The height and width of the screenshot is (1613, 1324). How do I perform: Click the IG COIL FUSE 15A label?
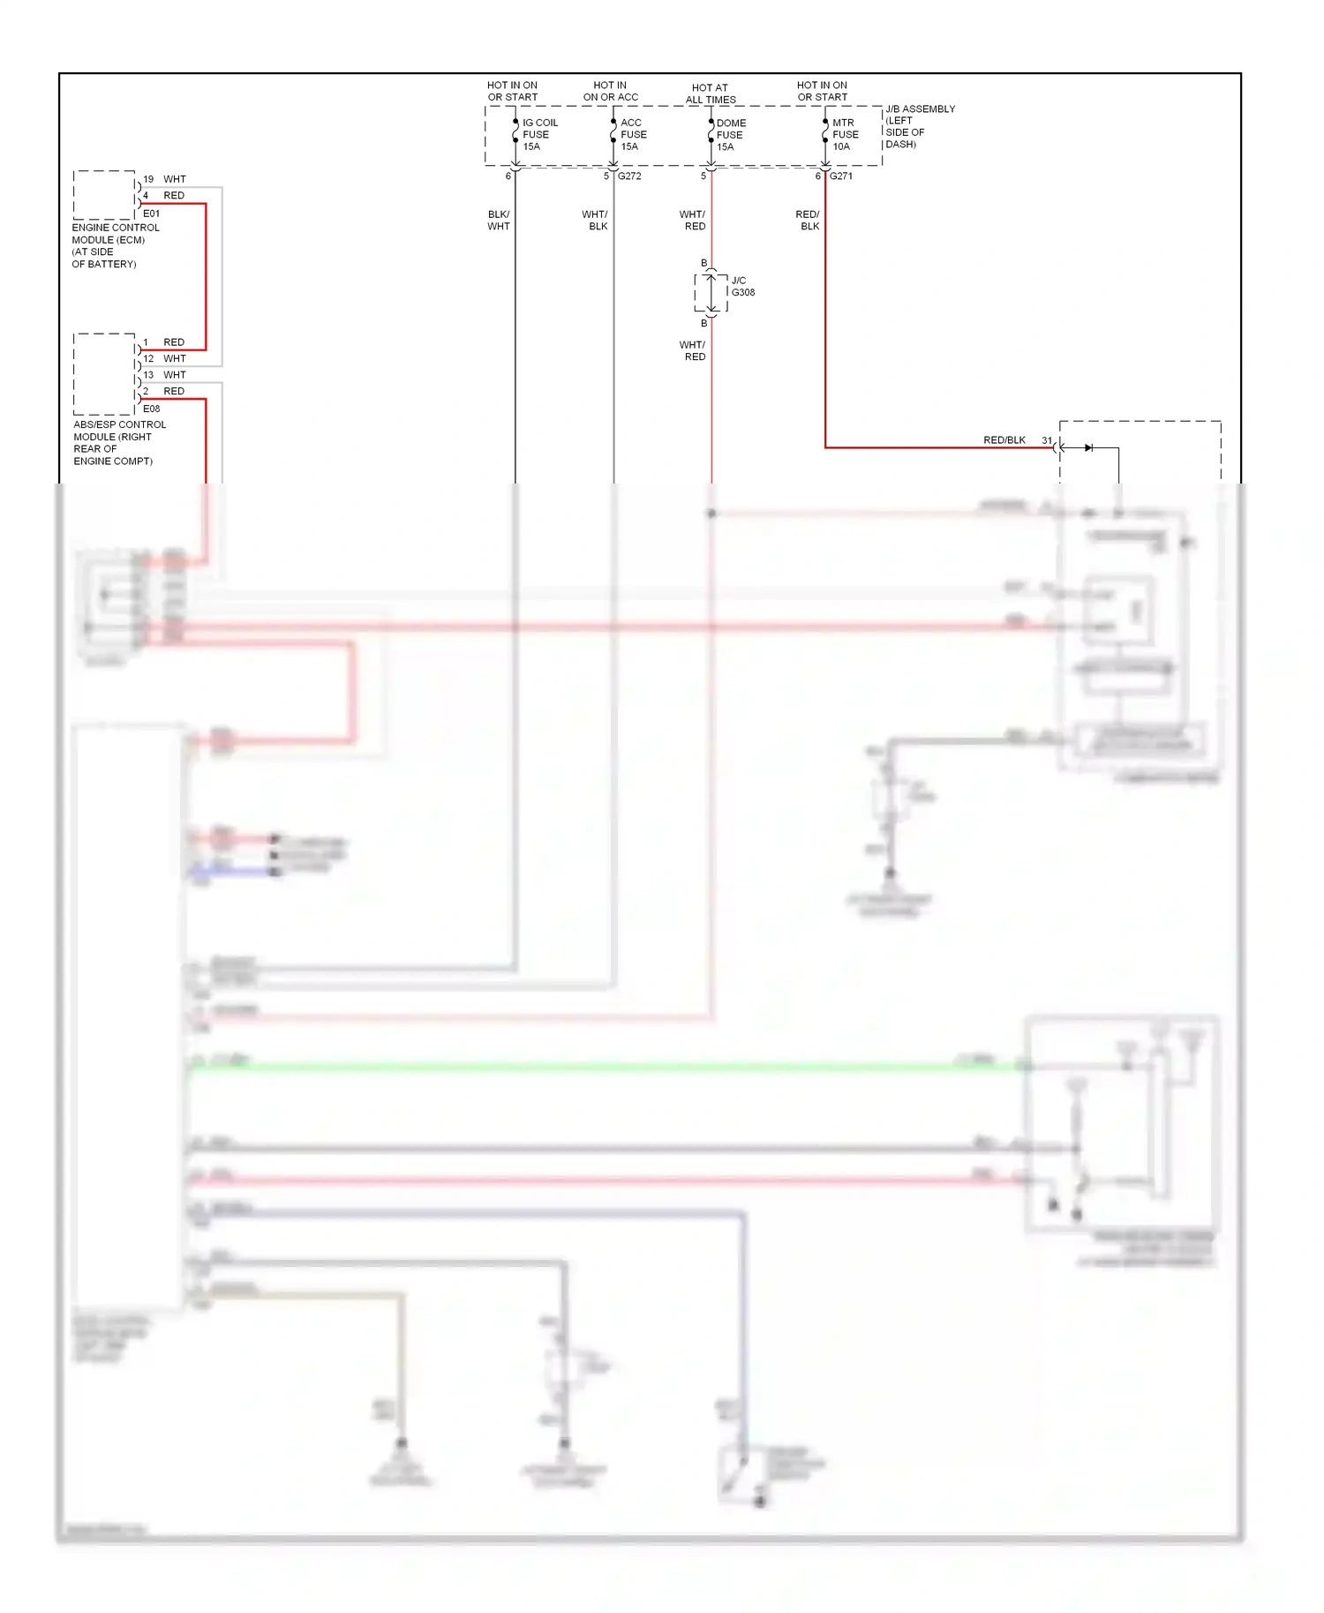pyautogui.click(x=539, y=135)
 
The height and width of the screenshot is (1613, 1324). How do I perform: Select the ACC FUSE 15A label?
pyautogui.click(x=633, y=135)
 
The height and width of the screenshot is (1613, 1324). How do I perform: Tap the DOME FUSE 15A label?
pyautogui.click(x=730, y=135)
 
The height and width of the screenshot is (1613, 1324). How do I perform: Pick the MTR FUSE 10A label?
pyautogui.click(x=845, y=135)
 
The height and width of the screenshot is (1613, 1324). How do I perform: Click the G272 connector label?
pyautogui.click(x=629, y=176)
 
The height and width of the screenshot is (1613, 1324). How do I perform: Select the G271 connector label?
pyautogui.click(x=840, y=176)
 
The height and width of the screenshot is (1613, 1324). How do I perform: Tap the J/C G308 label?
pyautogui.click(x=742, y=287)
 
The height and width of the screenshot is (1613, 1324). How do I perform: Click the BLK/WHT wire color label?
pyautogui.click(x=499, y=221)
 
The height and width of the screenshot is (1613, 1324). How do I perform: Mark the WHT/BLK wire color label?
pyautogui.click(x=596, y=221)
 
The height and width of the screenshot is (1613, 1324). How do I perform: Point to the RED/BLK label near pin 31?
pyautogui.click(x=1004, y=440)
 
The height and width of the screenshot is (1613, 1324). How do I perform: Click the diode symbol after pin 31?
pyautogui.click(x=1088, y=448)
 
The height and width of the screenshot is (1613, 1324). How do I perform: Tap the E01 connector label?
pyautogui.click(x=152, y=214)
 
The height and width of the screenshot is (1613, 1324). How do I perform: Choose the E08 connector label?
pyautogui.click(x=152, y=409)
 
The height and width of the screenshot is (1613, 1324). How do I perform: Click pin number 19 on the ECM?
pyautogui.click(x=148, y=179)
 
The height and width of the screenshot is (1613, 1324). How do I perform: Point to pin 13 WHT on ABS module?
pyautogui.click(x=165, y=375)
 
